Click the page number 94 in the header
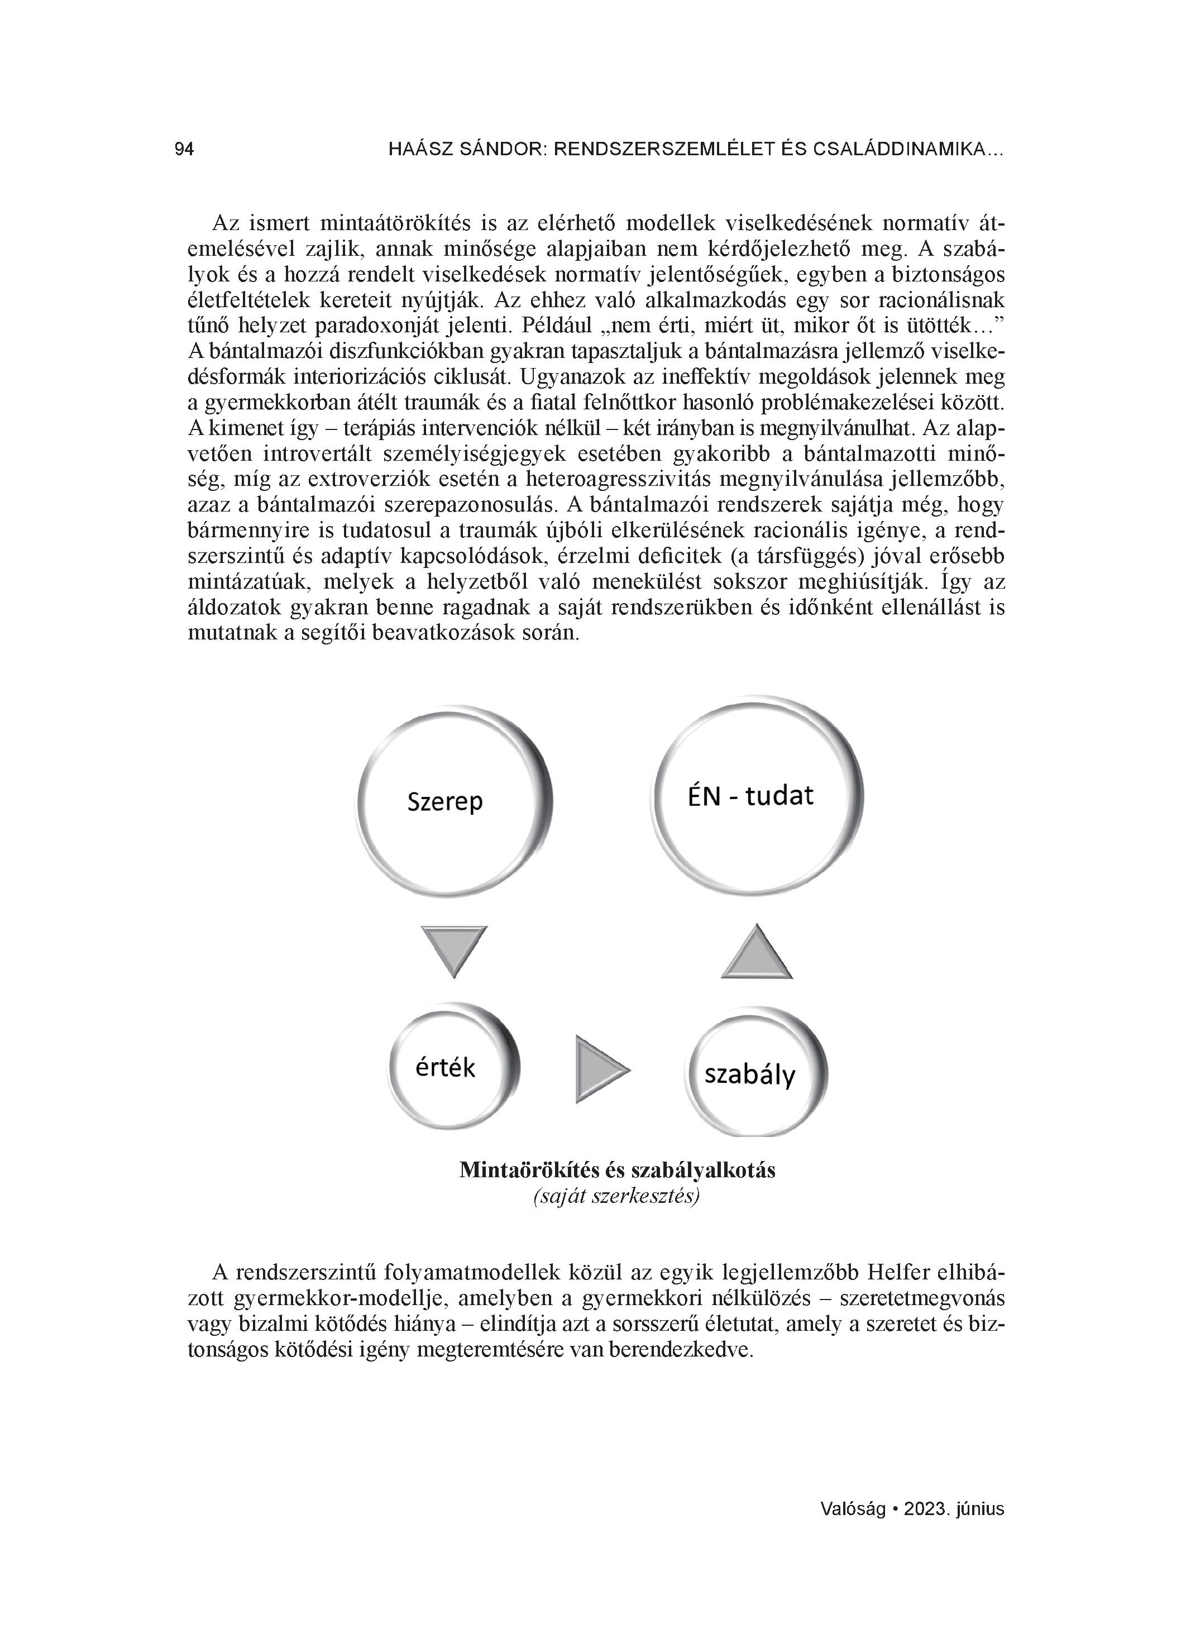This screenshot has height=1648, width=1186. click(x=184, y=150)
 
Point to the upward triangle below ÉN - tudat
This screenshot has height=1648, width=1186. click(x=757, y=952)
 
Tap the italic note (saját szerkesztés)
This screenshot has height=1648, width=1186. click(x=616, y=1197)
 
